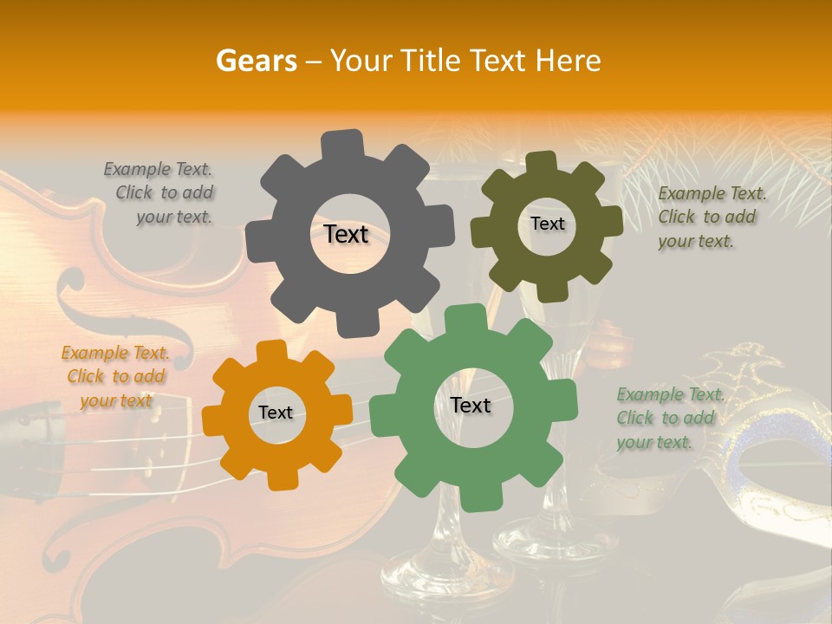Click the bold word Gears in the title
[256, 61]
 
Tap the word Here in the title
[569, 61]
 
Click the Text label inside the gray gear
[346, 234]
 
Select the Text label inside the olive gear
[547, 224]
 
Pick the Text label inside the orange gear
[276, 413]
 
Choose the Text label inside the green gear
[471, 405]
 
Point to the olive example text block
[711, 217]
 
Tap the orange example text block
[115, 376]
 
